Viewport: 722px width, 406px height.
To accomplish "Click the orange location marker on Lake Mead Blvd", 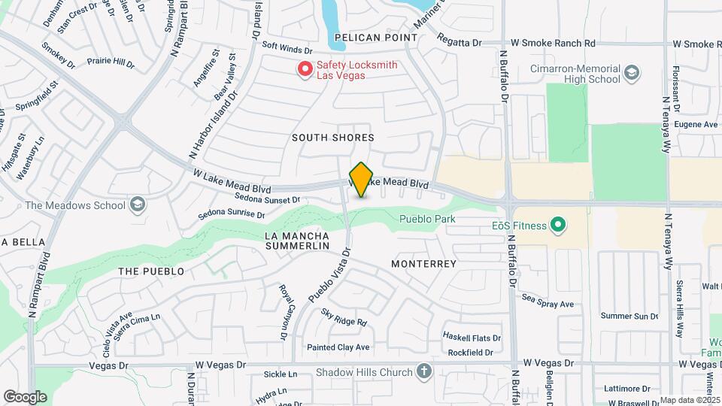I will click(362, 179).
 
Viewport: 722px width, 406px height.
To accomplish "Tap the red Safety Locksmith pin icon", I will click(305, 69).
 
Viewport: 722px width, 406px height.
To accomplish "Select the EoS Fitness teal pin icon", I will click(558, 224).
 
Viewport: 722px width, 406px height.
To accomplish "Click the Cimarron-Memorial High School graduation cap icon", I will click(632, 73).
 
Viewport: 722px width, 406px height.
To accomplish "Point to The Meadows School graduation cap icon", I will click(138, 205).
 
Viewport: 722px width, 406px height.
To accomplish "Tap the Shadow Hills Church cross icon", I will click(424, 372).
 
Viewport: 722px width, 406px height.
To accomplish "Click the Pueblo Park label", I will click(429, 219).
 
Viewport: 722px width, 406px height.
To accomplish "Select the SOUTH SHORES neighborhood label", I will click(333, 138).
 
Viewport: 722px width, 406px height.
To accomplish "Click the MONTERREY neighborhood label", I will click(424, 264).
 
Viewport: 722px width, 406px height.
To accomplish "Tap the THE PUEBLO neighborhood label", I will click(151, 271).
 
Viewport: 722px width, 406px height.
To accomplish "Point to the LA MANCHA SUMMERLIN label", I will click(297, 241).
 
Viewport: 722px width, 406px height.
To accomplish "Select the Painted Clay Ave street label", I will click(338, 347).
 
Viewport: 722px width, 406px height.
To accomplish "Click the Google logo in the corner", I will click(25, 397).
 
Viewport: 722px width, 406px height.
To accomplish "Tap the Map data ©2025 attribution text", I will click(690, 400).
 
